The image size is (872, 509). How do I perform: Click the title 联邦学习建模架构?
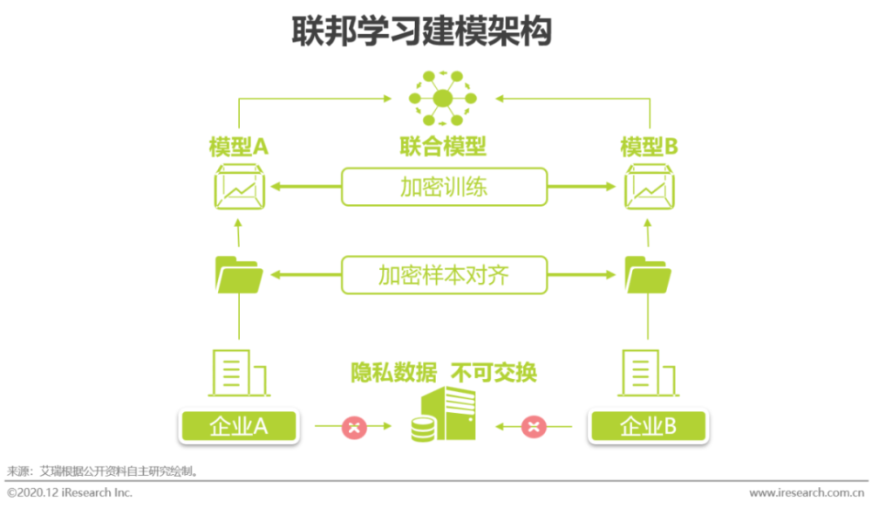[x=421, y=31]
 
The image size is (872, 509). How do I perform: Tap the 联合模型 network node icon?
[x=443, y=99]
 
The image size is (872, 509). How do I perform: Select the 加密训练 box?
[x=444, y=187]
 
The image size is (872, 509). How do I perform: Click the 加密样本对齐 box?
[x=444, y=275]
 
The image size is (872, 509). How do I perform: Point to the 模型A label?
[x=239, y=147]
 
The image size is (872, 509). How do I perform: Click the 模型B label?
[x=649, y=147]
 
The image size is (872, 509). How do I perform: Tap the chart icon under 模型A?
[x=239, y=187]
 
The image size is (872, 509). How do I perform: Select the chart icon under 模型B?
[x=649, y=187]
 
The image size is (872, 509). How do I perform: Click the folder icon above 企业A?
[x=239, y=274]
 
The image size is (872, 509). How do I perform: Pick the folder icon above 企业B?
[x=648, y=274]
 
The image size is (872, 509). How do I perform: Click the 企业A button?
[x=239, y=427]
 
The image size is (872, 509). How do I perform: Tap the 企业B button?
[x=649, y=427]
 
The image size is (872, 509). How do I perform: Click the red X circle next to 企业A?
[x=354, y=427]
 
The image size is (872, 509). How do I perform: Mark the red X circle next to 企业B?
[x=534, y=427]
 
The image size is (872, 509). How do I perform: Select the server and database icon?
[x=444, y=415]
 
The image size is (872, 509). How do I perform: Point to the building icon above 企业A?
[x=239, y=373]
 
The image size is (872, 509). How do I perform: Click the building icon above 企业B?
[x=649, y=373]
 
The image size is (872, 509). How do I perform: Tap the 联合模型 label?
[x=443, y=147]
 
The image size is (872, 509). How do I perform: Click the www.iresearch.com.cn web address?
[x=807, y=493]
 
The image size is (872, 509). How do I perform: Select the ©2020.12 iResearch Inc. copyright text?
[x=70, y=493]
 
